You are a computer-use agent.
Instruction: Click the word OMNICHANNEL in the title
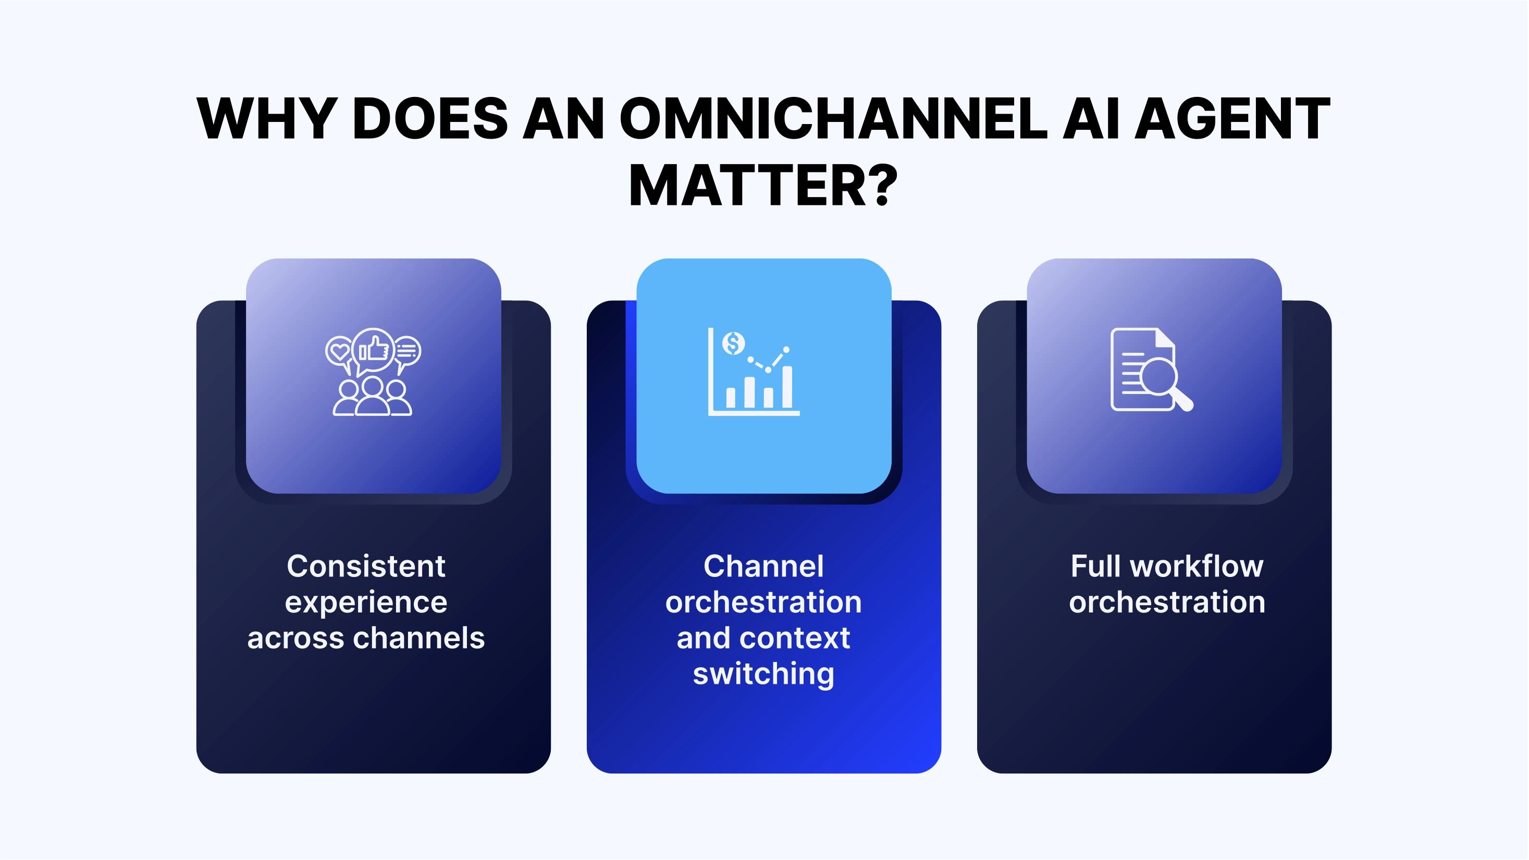(x=833, y=118)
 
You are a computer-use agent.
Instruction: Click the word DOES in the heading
(x=430, y=118)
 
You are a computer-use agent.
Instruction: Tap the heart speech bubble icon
(x=339, y=351)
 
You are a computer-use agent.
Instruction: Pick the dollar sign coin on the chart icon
(x=734, y=343)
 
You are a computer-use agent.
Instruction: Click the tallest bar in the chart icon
(x=787, y=387)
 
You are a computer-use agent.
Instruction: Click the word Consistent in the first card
(x=366, y=566)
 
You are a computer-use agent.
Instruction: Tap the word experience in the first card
(x=366, y=603)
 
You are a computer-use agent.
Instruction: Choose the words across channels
(x=366, y=638)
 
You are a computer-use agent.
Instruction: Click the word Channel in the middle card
(x=763, y=566)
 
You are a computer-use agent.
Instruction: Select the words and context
(x=763, y=638)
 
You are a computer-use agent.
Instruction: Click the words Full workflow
(x=1166, y=566)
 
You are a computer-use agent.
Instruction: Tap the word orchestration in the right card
(x=1166, y=602)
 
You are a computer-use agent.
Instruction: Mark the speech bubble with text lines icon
(x=407, y=351)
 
